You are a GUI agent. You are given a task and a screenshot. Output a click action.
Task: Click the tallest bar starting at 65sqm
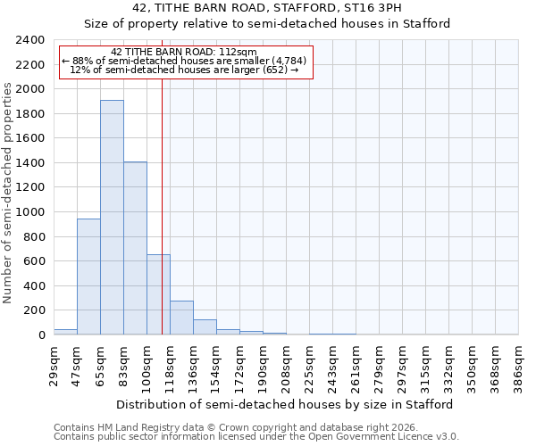coord(112,217)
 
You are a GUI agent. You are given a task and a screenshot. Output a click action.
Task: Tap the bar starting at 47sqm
coord(88,277)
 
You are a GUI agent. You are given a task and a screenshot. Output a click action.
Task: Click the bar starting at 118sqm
coord(181,318)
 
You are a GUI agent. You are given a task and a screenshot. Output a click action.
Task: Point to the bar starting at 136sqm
coord(205,327)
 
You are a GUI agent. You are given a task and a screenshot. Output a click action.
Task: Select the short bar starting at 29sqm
coord(65,332)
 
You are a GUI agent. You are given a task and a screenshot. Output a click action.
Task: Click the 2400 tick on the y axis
coord(29,40)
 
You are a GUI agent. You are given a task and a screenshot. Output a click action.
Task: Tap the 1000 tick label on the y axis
coord(29,212)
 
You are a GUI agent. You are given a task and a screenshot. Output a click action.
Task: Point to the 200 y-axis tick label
coord(33,310)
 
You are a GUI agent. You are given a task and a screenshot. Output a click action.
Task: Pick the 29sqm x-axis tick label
coord(54,364)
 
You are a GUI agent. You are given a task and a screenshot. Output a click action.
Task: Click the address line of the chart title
coord(267,8)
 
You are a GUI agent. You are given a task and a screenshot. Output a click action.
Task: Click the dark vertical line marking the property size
coord(162,205)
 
